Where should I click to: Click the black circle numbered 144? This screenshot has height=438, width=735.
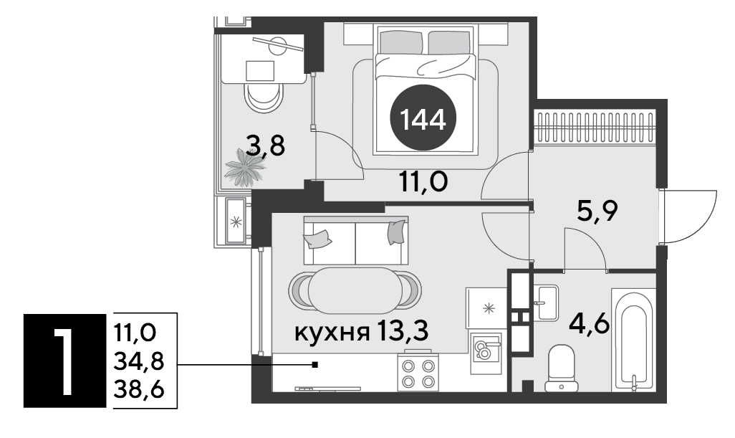[x=423, y=118]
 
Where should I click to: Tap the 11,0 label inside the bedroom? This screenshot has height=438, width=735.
[x=423, y=181]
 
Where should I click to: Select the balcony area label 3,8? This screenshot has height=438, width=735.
[x=265, y=146]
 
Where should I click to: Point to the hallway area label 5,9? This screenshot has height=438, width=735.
[x=597, y=211]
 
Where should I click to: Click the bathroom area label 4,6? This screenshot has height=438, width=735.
[x=589, y=324]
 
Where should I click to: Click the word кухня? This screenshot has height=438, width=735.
[x=330, y=333]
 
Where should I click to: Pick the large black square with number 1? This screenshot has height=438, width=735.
[x=64, y=360]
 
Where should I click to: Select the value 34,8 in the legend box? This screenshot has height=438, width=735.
[x=139, y=361]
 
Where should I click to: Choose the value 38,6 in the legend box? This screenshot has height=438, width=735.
[x=139, y=389]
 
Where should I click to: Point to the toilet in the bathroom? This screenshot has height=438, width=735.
[x=562, y=368]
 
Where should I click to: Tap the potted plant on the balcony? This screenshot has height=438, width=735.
[x=245, y=168]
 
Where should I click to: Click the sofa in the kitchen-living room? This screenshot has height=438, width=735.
[x=356, y=241]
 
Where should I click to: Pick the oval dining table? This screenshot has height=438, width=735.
[x=355, y=291]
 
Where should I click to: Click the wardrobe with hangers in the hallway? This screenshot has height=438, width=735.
[x=595, y=128]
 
